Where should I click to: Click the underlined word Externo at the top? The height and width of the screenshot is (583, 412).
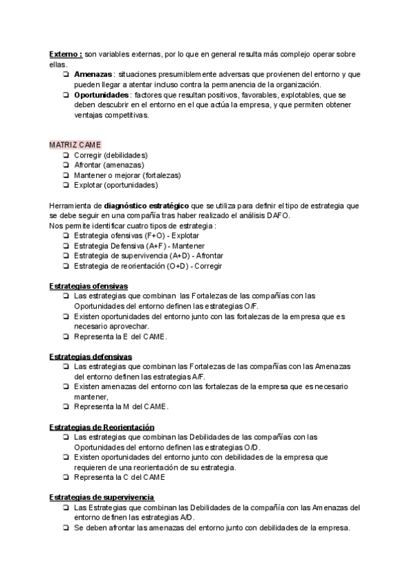click(65, 54)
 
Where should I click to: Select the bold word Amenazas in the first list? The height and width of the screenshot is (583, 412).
click(93, 74)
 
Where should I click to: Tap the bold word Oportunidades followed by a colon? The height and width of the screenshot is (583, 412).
click(102, 94)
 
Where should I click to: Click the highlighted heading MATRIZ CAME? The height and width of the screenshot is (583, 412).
click(75, 145)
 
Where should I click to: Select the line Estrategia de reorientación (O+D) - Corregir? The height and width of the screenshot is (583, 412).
click(148, 266)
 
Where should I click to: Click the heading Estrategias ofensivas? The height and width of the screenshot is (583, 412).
click(89, 286)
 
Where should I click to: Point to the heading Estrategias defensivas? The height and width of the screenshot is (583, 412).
click(91, 357)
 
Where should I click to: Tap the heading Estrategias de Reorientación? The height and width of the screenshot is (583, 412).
click(102, 427)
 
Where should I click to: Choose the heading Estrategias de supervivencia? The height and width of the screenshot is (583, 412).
click(102, 498)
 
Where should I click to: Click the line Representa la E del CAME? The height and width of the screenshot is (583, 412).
click(120, 337)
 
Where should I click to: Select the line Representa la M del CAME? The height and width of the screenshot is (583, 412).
click(121, 407)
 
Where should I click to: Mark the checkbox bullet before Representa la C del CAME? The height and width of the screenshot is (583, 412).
click(64, 478)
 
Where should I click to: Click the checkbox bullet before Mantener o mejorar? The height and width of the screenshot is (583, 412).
click(64, 175)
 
